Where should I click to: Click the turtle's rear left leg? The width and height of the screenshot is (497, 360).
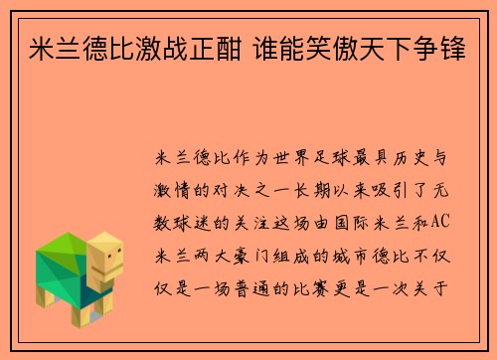44,295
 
